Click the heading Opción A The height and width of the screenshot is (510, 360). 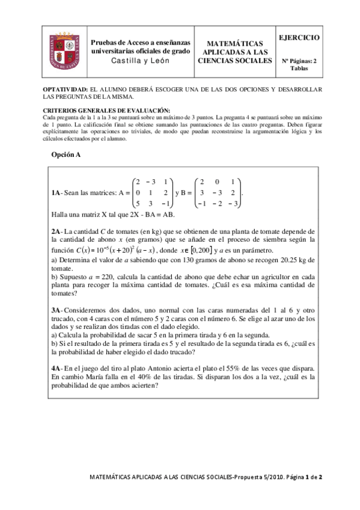(66, 155)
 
